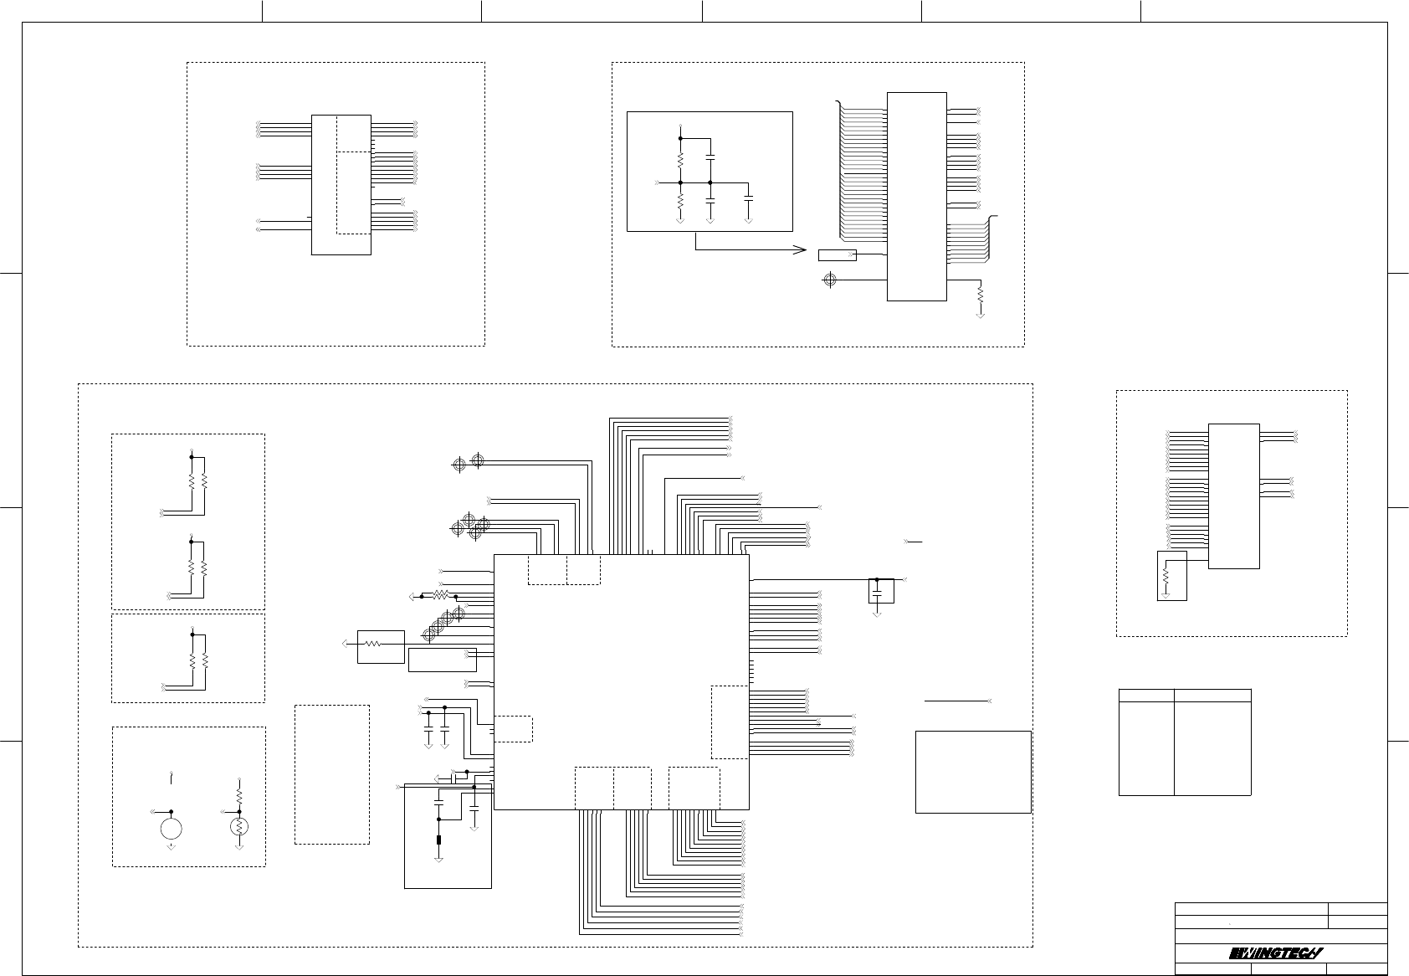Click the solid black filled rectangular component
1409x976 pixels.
pyautogui.click(x=438, y=840)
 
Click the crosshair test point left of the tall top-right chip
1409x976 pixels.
pyautogui.click(x=829, y=279)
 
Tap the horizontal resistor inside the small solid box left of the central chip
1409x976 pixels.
pyautogui.click(x=374, y=645)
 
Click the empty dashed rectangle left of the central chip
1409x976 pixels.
pyautogui.click(x=331, y=773)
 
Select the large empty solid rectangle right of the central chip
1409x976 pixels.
pyautogui.click(x=972, y=772)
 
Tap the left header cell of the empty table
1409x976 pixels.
pyautogui.click(x=1146, y=695)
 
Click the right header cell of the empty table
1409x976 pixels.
pyautogui.click(x=1212, y=695)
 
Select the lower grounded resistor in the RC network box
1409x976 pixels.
pyautogui.click(x=680, y=202)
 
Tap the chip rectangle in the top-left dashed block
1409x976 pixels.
pyautogui.click(x=341, y=184)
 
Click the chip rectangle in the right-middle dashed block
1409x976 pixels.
pyautogui.click(x=1233, y=496)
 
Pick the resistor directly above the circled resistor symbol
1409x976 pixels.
pyautogui.click(x=239, y=793)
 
